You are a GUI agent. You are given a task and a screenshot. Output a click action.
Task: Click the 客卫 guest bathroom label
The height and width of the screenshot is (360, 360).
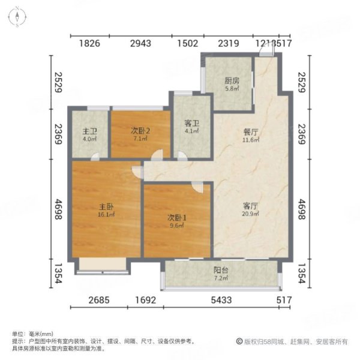(x=191, y=125)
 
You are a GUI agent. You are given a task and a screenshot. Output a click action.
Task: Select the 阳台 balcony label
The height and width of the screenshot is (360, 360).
(x=221, y=270)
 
